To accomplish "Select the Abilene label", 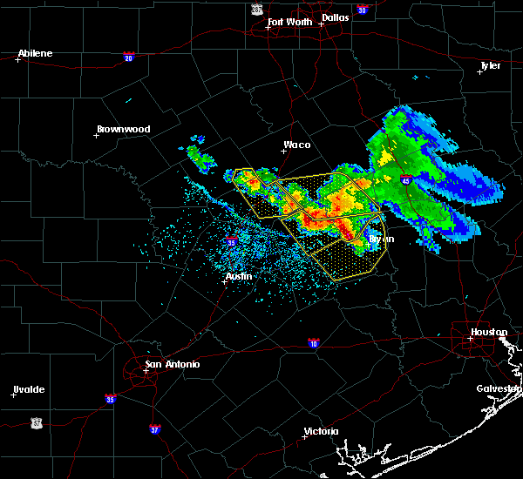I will pyautogui.click(x=35, y=53).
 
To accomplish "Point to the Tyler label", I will pyautogui.click(x=491, y=65).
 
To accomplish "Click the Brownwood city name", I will pyautogui.click(x=123, y=129).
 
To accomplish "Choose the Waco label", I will pyautogui.click(x=296, y=145).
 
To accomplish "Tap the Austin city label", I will pyautogui.click(x=239, y=276).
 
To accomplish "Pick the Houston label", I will pyautogui.click(x=489, y=332).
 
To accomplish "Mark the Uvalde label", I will pyautogui.click(x=29, y=389).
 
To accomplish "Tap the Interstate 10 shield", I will pyautogui.click(x=312, y=343).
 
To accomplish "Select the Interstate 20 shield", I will pyautogui.click(x=129, y=57).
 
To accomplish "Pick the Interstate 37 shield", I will pyautogui.click(x=155, y=428).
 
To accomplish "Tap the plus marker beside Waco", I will pyautogui.click(x=283, y=151).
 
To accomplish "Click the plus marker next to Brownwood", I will pyautogui.click(x=98, y=135).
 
